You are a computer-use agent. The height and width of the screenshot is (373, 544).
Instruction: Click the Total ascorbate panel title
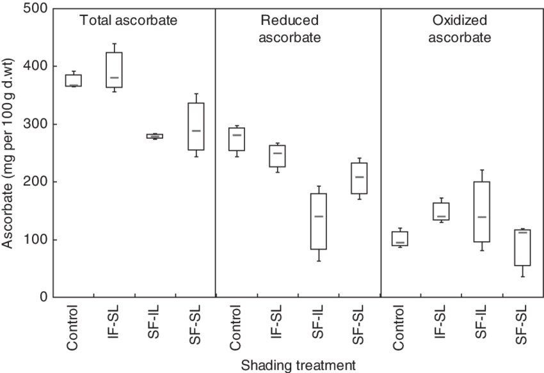[x=128, y=20]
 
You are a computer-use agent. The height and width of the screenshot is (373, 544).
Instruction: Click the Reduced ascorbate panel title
[x=289, y=29]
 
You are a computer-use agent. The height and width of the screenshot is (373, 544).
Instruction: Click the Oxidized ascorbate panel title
[x=459, y=29]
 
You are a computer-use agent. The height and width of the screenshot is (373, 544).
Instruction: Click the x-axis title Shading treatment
[x=298, y=365]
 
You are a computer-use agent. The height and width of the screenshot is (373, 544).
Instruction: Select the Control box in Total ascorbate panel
[x=72, y=80]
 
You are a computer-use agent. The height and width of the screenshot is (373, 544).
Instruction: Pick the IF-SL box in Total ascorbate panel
[x=114, y=70]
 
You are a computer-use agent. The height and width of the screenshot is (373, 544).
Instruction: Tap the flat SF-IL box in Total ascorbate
[x=154, y=136]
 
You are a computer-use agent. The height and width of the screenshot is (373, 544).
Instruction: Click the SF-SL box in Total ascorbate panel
[x=195, y=127]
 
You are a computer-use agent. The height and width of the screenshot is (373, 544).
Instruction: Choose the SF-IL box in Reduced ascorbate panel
[x=318, y=221]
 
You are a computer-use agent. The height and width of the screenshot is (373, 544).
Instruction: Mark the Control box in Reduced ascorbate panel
[x=236, y=139]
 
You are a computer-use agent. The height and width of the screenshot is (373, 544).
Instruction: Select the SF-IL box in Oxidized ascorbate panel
[x=481, y=212]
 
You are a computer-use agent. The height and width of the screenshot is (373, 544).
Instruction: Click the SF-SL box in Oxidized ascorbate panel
[x=522, y=247]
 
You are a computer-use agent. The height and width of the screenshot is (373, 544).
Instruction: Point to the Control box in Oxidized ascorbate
[x=400, y=238]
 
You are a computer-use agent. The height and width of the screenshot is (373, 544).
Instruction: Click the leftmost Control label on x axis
[x=72, y=328]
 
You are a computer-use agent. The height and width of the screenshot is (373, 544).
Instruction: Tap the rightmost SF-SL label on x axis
[x=522, y=326]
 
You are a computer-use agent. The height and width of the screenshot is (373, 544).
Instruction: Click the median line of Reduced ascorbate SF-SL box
[x=359, y=177]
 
